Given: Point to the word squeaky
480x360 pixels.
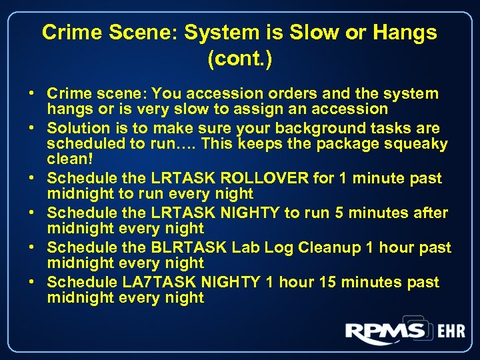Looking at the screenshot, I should pos(417,144).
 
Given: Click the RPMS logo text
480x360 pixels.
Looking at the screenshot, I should pos(385,332).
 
